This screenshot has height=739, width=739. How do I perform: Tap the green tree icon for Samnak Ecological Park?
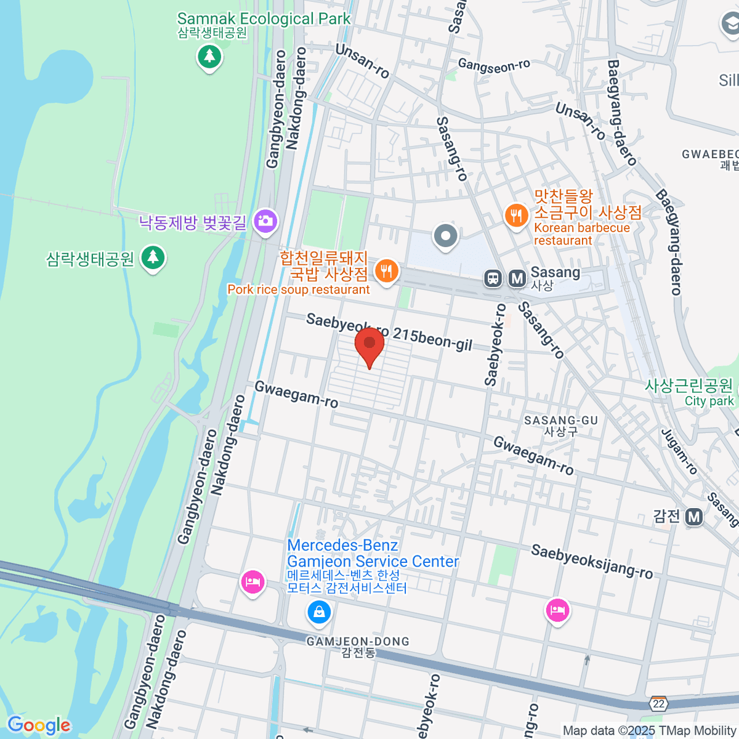(x=209, y=57)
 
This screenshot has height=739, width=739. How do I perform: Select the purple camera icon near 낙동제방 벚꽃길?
(x=266, y=221)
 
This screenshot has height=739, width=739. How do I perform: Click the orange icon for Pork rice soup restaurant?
(x=386, y=271)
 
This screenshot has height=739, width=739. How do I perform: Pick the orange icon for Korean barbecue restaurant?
(x=516, y=215)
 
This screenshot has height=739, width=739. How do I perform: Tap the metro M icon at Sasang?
(x=517, y=278)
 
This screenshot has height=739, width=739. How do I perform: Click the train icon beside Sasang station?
(x=493, y=278)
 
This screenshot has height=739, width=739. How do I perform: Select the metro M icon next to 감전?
(x=694, y=517)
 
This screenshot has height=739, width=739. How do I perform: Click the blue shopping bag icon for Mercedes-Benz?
(x=319, y=612)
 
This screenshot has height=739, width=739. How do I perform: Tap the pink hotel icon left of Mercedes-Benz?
(x=252, y=581)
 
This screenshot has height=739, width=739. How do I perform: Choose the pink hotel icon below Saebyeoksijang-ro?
(x=557, y=610)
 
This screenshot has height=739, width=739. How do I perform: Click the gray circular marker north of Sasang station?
(x=445, y=236)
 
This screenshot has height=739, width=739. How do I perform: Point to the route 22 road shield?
(x=659, y=703)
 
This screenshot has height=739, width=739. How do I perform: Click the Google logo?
(x=39, y=725)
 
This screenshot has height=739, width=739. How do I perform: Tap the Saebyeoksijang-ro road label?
(x=591, y=562)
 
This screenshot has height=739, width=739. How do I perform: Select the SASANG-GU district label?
(x=560, y=425)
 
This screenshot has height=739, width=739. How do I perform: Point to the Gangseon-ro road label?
(x=494, y=66)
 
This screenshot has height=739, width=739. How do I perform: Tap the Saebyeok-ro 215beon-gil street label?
(x=389, y=331)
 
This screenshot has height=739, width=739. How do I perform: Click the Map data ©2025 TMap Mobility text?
(x=649, y=730)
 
